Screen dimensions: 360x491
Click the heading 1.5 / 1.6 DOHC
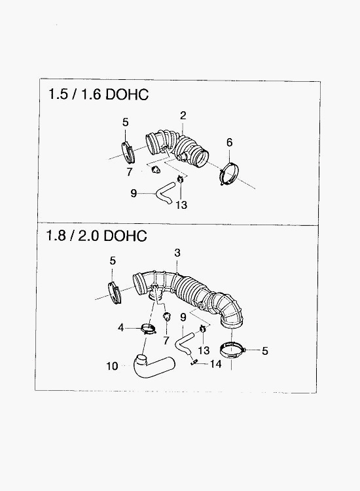[x=98, y=94]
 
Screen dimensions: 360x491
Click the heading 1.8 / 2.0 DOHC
[x=96, y=236]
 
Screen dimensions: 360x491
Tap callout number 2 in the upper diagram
[x=183, y=115]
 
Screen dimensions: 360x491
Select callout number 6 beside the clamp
[x=230, y=143]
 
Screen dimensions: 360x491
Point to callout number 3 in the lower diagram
[x=177, y=253]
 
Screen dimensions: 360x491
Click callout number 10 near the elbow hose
[x=112, y=366]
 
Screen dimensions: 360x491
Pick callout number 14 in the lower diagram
[x=216, y=364]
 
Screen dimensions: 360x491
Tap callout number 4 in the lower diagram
[x=121, y=328]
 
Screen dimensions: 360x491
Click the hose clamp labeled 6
[x=230, y=174]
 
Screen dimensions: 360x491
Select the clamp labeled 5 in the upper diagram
[x=128, y=152]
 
